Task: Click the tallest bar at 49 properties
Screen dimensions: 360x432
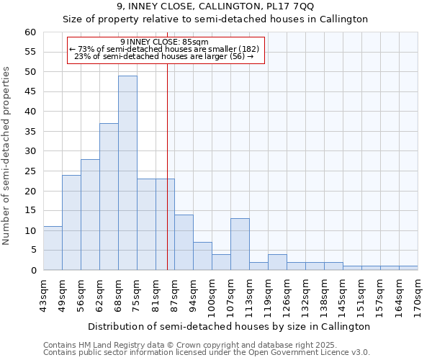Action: pos(127,173)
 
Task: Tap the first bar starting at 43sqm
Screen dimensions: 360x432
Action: pos(53,248)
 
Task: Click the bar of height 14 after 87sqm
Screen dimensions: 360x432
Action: pos(184,243)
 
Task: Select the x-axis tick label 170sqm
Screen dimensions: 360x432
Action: pos(418,294)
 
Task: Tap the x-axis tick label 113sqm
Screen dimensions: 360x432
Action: pos(250,294)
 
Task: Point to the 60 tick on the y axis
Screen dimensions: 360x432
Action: pos(30,32)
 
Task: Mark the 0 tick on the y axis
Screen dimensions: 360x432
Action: pos(32,271)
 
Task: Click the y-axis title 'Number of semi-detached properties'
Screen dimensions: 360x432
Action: pos(7,156)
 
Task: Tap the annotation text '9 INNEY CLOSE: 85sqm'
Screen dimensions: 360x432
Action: pos(165,42)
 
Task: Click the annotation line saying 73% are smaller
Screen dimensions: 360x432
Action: pos(165,49)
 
